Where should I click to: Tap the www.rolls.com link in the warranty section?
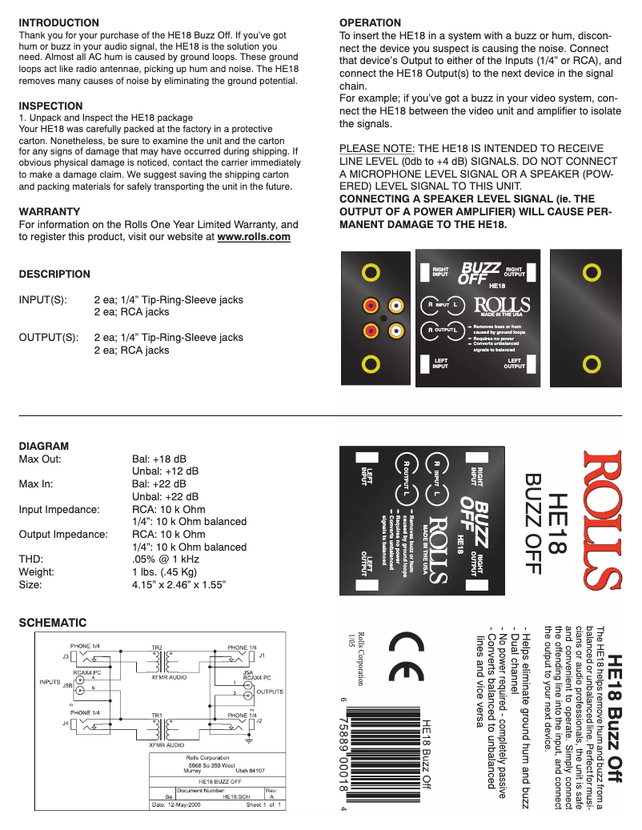click(x=254, y=237)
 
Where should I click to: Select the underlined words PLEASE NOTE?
click(x=377, y=149)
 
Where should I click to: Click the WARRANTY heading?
click(x=48, y=211)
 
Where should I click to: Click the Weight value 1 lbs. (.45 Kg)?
click(x=164, y=572)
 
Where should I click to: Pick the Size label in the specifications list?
click(x=31, y=585)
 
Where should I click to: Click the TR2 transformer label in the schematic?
click(x=157, y=646)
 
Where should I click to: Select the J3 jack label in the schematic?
click(x=65, y=656)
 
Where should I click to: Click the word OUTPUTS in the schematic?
click(x=270, y=691)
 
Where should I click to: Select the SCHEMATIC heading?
click(x=52, y=622)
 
